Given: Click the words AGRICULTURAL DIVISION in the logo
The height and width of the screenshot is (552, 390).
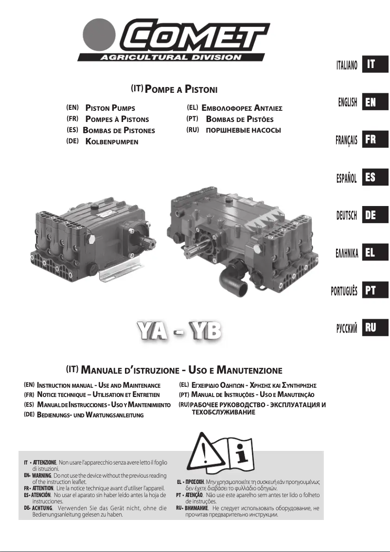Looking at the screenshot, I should pyautogui.click(x=171, y=56).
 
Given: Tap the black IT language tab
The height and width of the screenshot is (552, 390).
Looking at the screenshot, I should pyautogui.click(x=375, y=65).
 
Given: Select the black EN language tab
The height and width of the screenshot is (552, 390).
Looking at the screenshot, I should pyautogui.click(x=375, y=102).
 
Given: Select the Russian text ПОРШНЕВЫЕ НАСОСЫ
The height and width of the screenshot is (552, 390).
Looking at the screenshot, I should pyautogui.click(x=244, y=131).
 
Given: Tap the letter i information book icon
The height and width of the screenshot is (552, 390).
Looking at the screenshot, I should pyautogui.click(x=239, y=454).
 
